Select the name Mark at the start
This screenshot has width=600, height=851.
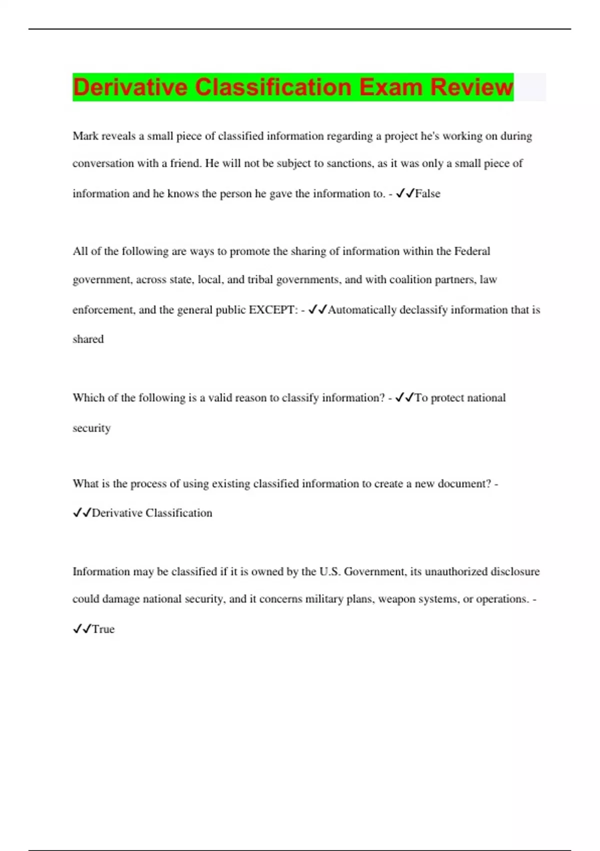pyautogui.click(x=85, y=136)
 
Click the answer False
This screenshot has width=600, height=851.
pyautogui.click(x=428, y=194)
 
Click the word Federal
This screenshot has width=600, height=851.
pyautogui.click(x=472, y=251)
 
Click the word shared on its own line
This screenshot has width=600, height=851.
pyautogui.click(x=88, y=339)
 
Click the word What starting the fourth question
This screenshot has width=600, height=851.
pyautogui.click(x=85, y=484)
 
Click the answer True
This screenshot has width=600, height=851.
pyautogui.click(x=103, y=629)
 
